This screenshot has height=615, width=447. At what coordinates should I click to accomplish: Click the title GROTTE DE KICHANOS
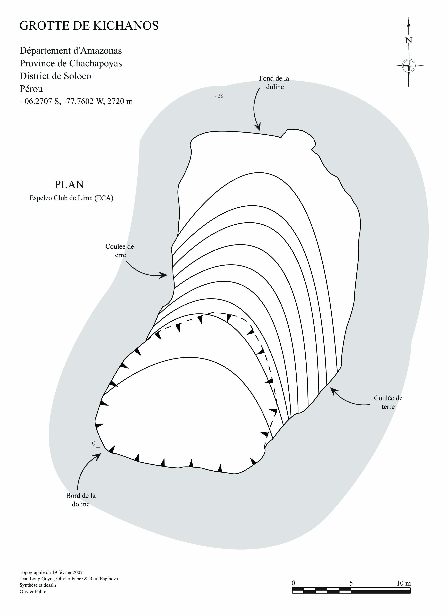89,26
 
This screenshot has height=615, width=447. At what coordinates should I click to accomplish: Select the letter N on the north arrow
408,40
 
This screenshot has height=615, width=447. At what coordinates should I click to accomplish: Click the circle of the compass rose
408,65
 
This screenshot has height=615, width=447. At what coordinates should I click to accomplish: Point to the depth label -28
219,96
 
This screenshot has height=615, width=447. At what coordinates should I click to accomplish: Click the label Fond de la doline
274,82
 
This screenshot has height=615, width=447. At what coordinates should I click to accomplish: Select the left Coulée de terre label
120,251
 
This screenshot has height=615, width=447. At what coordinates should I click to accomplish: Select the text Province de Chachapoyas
71,63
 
